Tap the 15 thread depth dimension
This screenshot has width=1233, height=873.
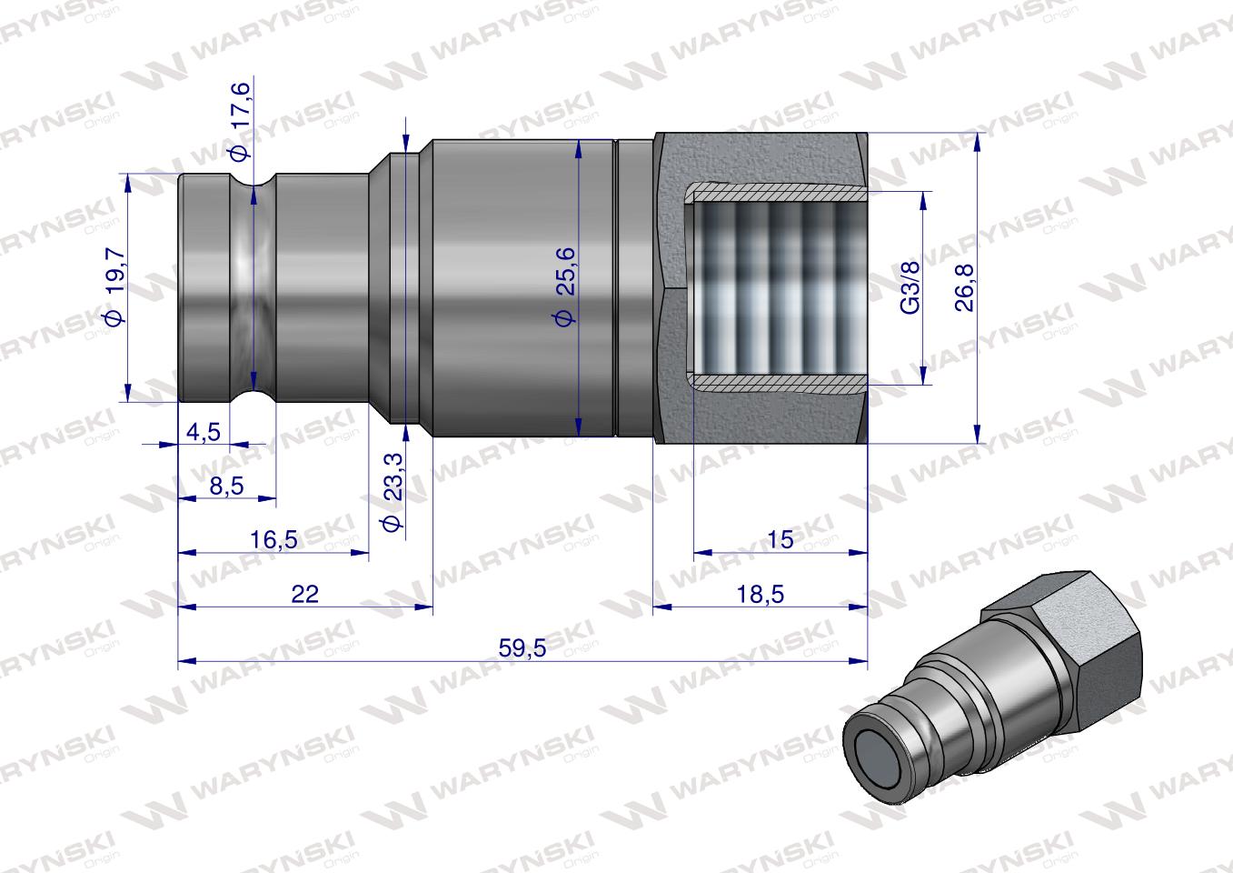coord(780,539)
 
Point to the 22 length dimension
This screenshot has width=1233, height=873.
coord(305,594)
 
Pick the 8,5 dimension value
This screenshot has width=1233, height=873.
coord(225,487)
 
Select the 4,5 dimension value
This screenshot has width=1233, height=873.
coord(203,432)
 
